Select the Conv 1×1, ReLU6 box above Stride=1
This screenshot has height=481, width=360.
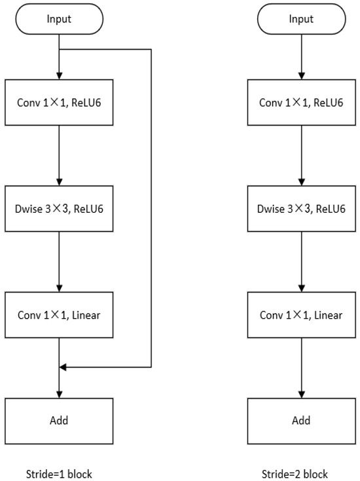pos(59,102)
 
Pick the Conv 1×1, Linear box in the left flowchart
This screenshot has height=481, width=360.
pos(59,315)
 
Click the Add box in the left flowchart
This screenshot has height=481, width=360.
pos(59,420)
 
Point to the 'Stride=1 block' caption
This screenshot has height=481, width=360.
pos(59,474)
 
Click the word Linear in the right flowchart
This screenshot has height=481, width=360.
pos(327,315)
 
